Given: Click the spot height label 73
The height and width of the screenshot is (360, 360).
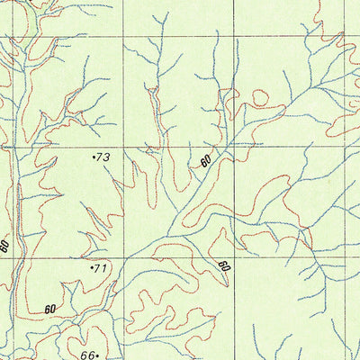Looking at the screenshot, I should [103, 157].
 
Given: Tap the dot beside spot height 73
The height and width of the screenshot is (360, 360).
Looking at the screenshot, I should [94, 157].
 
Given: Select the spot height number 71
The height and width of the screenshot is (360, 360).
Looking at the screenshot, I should [101, 268].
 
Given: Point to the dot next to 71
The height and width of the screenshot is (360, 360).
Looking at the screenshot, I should [92, 266].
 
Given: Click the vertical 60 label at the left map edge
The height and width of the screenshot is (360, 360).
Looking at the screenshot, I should [5, 245].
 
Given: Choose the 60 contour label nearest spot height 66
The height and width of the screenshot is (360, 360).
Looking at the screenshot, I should [49, 309].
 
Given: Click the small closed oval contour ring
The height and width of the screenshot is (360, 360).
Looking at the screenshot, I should [260, 95].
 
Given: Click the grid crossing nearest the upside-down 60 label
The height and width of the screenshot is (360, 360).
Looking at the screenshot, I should [233, 257].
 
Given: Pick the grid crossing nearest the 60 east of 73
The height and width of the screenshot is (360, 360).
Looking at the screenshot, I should [233, 147].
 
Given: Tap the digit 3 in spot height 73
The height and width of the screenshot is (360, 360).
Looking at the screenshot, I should [106, 157].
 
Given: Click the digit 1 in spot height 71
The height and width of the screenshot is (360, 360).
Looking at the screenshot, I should [104, 268].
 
